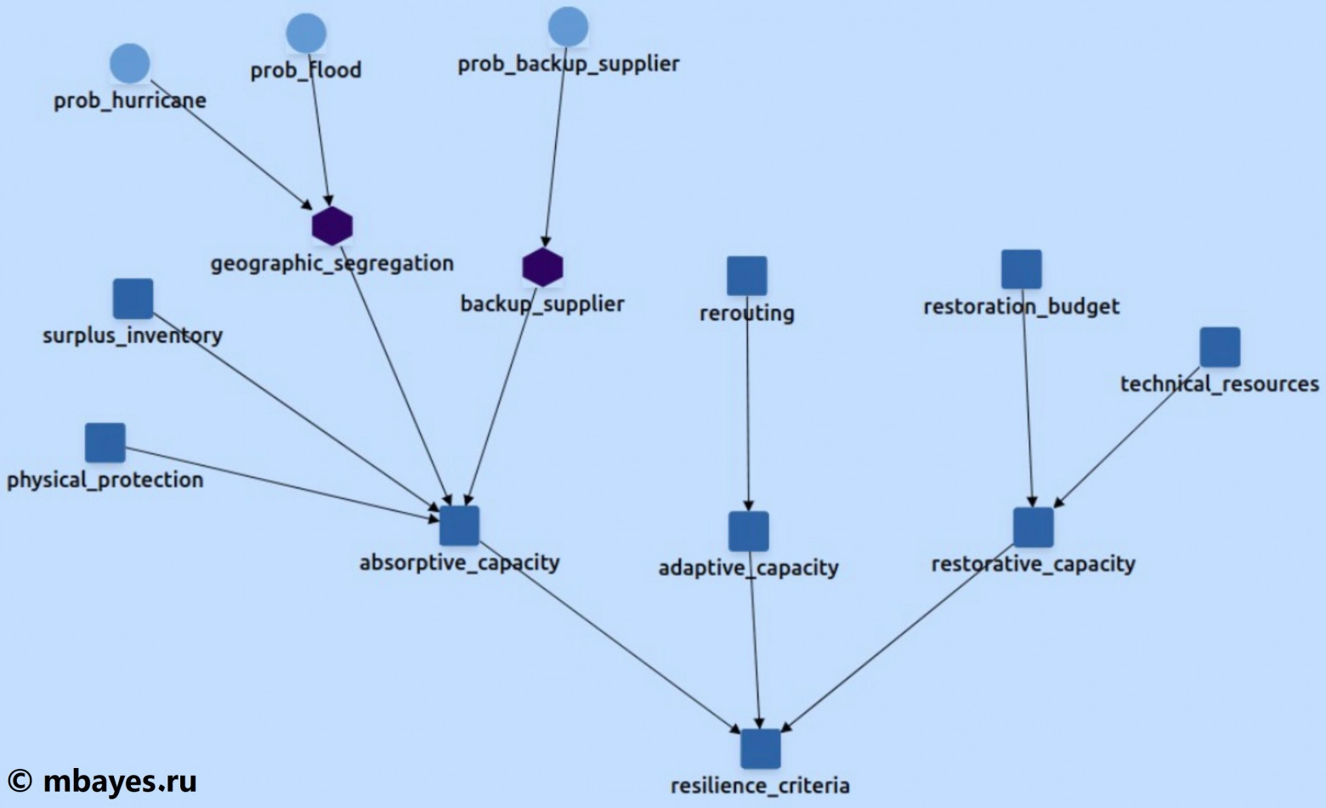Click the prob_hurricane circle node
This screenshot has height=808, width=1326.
click(130, 64)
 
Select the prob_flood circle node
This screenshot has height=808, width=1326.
click(306, 33)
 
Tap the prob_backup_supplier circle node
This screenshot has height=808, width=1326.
click(568, 26)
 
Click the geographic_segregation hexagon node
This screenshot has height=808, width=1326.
click(331, 225)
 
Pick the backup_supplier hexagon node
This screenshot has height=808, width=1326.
click(542, 267)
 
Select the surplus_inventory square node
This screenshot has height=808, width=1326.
click(133, 299)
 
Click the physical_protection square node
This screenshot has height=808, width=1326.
click(105, 443)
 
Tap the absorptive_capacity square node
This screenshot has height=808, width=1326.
click(460, 526)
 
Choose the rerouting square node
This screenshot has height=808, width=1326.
click(747, 276)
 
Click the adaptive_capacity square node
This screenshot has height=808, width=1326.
click(749, 532)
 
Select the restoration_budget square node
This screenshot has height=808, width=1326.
click(1022, 270)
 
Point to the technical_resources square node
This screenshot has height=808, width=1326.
click(1220, 347)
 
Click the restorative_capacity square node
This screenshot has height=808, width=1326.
click(1034, 527)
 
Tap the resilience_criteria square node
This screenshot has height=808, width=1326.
click(760, 748)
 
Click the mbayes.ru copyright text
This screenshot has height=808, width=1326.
click(103, 780)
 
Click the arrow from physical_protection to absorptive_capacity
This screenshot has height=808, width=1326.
click(280, 481)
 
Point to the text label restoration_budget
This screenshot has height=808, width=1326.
click(1022, 306)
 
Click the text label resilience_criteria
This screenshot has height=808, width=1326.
click(760, 785)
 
